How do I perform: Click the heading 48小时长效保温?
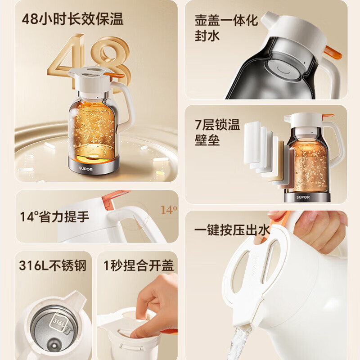pyautogui.click(x=72, y=19)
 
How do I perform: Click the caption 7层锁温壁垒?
pyautogui.click(x=217, y=132)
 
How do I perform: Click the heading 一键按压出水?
pyautogui.click(x=232, y=230)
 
